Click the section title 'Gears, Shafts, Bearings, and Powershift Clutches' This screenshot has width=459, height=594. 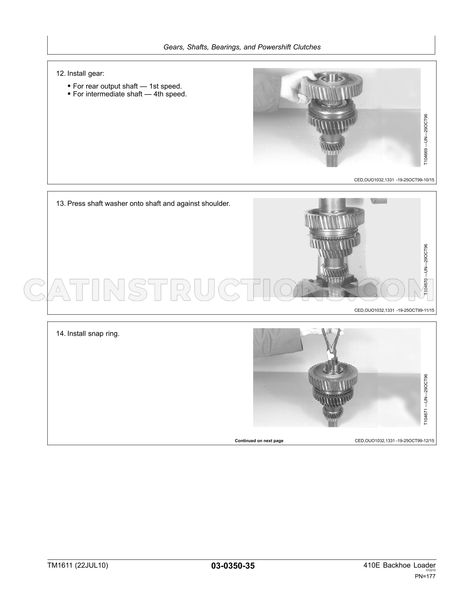pos(242,47)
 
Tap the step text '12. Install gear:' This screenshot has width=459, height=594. pos(80,74)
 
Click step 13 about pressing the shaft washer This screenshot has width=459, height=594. pos(143,204)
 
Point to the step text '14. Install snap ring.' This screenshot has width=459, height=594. pos(88,334)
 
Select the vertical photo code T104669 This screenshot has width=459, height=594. pos(426,139)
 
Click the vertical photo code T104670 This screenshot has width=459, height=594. pos(426,269)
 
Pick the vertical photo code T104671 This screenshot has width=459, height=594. pos(426,399)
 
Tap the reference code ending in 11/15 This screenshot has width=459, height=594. pos(394,310)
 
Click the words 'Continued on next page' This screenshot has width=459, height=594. pos(259,441)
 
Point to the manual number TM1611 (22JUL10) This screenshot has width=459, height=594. pos(78,565)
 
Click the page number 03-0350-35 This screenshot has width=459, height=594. pos(233,566)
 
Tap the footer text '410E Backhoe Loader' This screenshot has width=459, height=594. pos(399,565)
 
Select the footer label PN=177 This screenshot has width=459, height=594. pos(425,576)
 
